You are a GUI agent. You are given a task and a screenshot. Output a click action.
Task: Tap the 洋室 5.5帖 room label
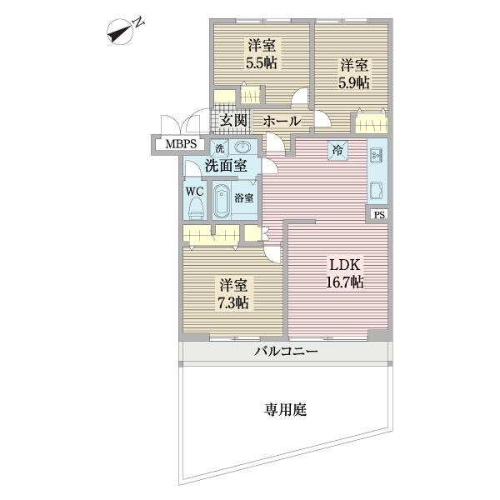261,54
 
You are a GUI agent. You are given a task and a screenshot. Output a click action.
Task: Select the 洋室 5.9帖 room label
354,72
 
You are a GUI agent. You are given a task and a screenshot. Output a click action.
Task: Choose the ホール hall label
282,122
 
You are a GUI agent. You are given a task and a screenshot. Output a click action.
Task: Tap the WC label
194,190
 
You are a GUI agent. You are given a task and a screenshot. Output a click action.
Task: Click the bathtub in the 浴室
222,201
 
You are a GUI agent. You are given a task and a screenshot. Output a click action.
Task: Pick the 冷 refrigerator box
337,150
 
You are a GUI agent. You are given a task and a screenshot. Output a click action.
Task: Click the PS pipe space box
379,215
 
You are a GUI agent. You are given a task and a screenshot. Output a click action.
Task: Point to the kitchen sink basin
376,190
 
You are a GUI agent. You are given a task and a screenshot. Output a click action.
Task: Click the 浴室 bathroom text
244,198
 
